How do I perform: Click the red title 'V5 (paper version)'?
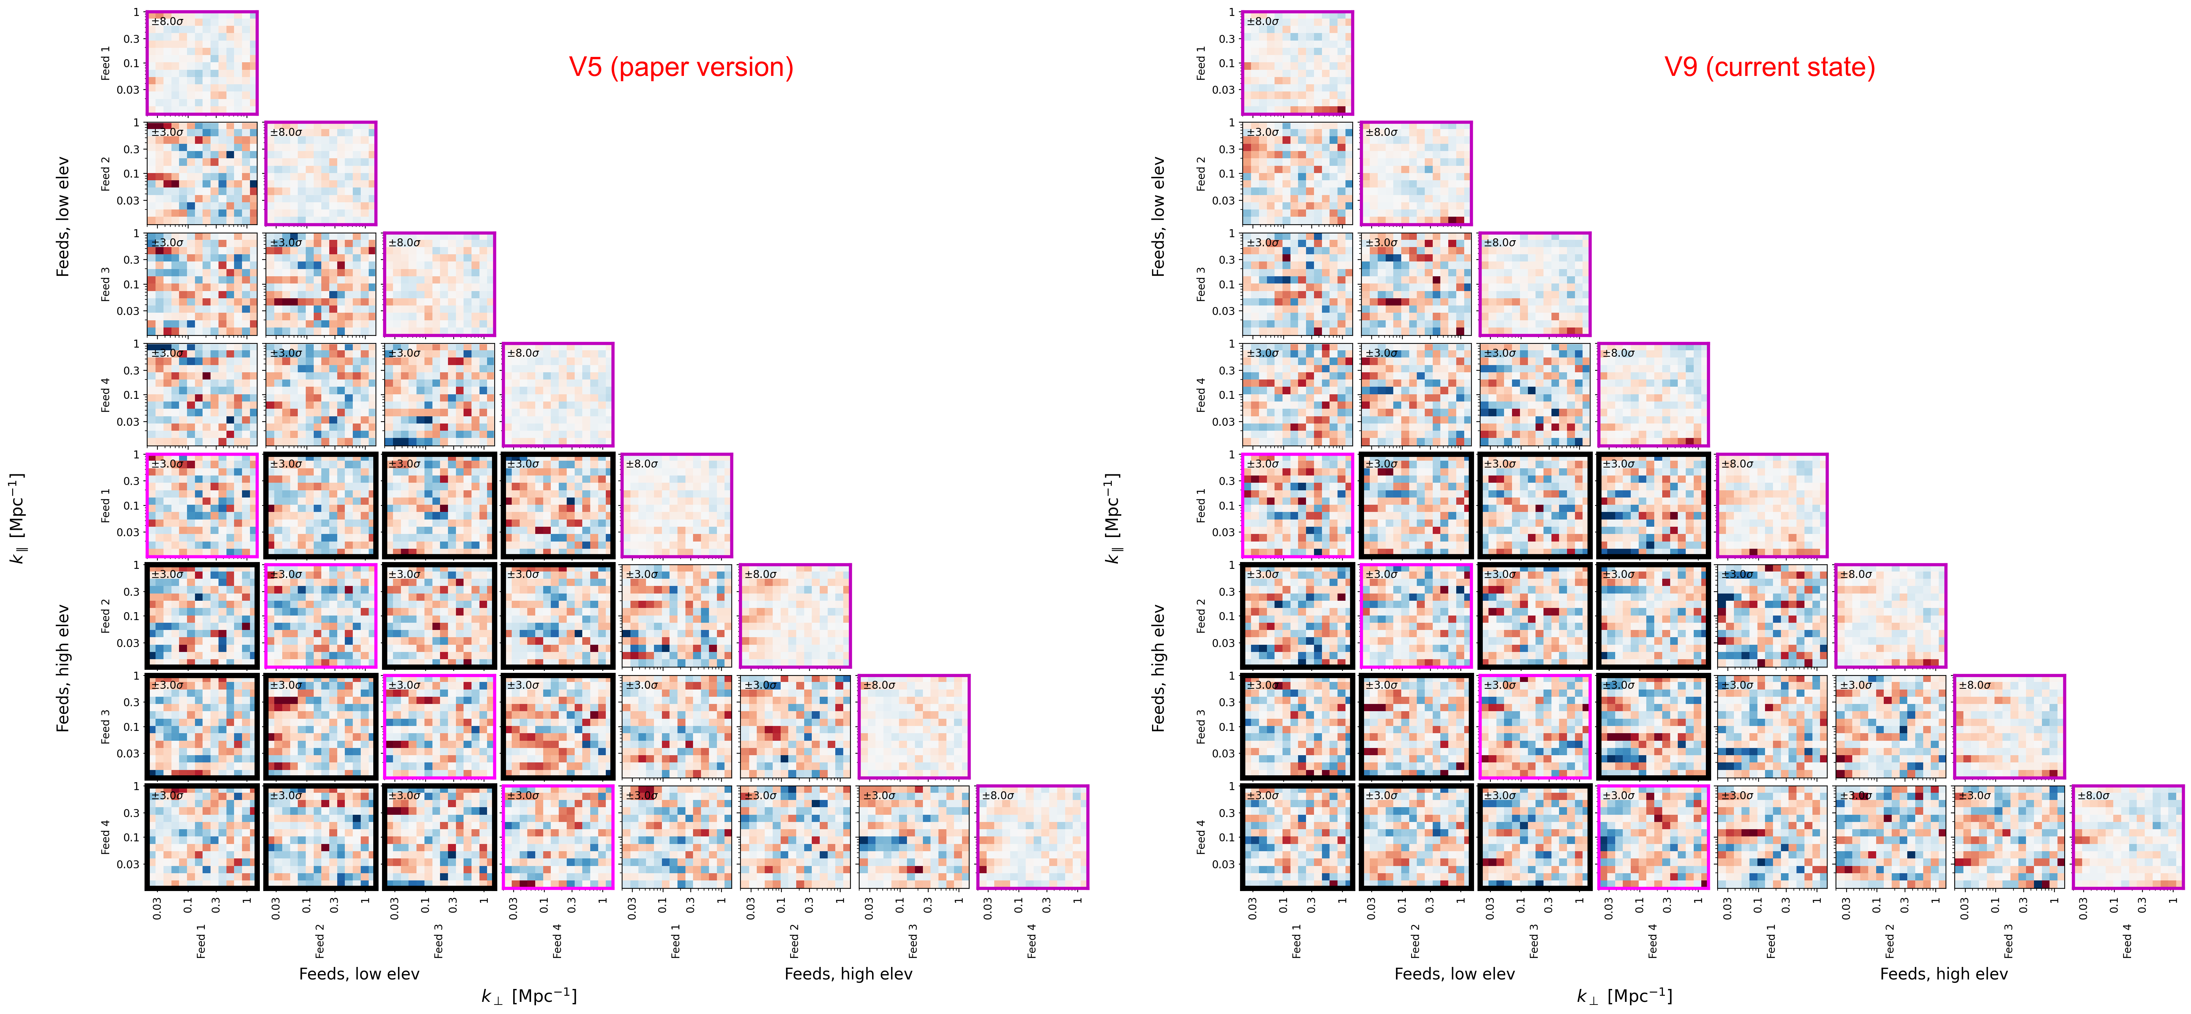(681, 67)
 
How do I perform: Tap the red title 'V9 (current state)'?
(1769, 67)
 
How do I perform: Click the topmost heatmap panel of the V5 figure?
(201, 63)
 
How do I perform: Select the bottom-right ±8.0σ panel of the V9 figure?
(2127, 837)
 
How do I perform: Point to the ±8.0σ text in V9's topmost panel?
(1263, 21)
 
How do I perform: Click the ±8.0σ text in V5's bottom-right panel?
(998, 795)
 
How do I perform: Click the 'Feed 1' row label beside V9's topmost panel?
(1201, 63)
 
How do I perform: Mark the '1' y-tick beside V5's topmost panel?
(135, 13)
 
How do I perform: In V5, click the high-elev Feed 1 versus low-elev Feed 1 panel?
(201, 505)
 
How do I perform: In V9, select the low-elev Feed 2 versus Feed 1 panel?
(1297, 173)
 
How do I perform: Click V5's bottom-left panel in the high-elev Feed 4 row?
(201, 837)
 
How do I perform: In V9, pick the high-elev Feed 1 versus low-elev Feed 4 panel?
(1653, 505)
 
